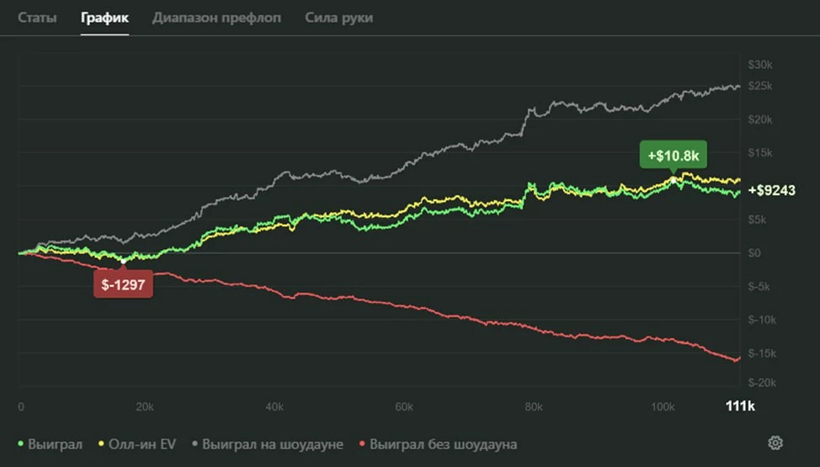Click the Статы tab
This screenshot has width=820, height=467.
tap(38, 18)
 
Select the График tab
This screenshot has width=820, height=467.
tap(104, 18)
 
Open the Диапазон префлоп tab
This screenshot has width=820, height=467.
tap(216, 18)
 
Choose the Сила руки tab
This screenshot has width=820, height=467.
tap(338, 18)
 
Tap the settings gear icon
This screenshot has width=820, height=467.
tap(775, 443)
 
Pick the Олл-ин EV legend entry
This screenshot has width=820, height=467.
tap(141, 443)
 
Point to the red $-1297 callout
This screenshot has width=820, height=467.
tap(123, 285)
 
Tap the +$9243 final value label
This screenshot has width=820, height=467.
tap(772, 191)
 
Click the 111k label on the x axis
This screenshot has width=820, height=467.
tap(739, 406)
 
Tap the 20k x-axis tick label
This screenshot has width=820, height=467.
tap(144, 406)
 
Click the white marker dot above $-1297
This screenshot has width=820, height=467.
tap(124, 261)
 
